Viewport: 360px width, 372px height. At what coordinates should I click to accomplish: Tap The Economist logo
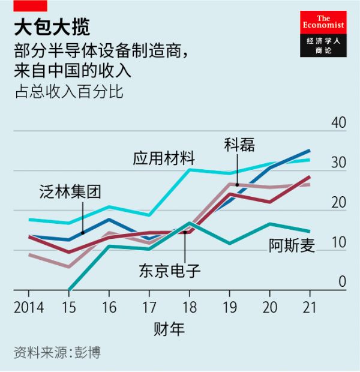click(323, 34)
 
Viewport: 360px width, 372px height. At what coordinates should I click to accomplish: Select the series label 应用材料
click(164, 159)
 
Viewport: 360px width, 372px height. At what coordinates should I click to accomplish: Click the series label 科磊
click(239, 145)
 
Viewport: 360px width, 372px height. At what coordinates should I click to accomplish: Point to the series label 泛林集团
click(70, 193)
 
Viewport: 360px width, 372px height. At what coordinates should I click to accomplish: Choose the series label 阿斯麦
click(292, 246)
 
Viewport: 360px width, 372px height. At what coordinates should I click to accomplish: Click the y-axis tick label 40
click(338, 122)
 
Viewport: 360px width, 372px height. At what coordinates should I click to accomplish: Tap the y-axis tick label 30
click(338, 163)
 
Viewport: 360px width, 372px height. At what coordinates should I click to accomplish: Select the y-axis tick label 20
click(338, 202)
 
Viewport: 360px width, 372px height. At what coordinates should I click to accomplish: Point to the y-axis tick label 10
click(338, 242)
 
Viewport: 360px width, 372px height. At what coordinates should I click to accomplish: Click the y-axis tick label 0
click(343, 282)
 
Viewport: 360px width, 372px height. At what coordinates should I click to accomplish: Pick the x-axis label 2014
click(28, 307)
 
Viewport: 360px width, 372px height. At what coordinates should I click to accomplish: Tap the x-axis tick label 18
click(189, 307)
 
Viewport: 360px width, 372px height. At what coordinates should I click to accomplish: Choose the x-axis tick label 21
click(310, 307)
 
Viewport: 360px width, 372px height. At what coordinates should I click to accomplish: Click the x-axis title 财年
click(169, 329)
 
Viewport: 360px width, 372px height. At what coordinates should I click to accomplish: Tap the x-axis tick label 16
click(109, 307)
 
